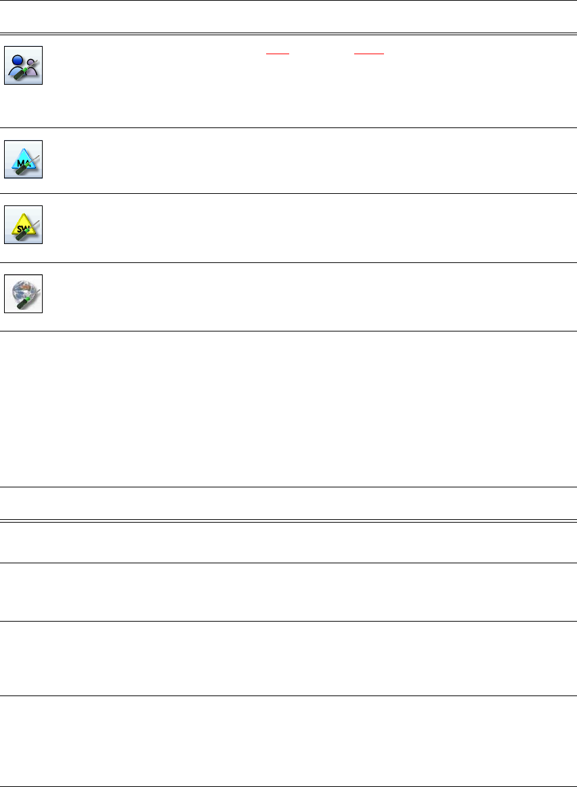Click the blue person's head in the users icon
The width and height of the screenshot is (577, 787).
[x=18, y=57]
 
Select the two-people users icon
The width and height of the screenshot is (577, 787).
[x=24, y=65]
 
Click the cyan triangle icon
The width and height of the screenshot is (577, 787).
[x=24, y=159]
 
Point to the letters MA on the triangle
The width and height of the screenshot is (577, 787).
[x=20, y=162]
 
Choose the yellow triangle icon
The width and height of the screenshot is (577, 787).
[x=24, y=224]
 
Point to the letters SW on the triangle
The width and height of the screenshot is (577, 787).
[x=20, y=228]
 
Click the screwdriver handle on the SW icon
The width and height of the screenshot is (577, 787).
[x=20, y=237]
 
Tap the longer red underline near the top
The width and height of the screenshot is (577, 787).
[x=370, y=54]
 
